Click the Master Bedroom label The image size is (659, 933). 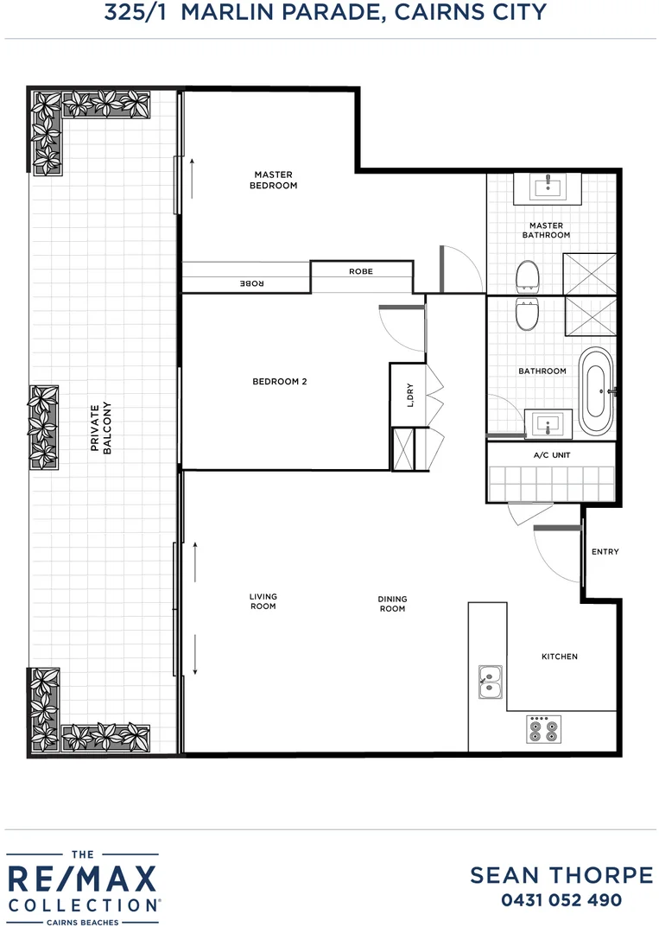pos(273,180)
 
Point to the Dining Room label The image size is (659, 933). pos(392,604)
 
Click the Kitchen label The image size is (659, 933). pos(559,657)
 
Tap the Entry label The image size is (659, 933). pos(605,551)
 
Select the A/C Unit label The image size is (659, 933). pos(551,454)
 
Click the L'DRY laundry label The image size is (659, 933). pos(410,395)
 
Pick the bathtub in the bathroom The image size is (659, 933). pos(595,391)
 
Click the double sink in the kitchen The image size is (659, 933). pos(491,682)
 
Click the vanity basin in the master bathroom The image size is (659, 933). pos(547,187)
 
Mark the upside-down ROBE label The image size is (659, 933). pos(250,283)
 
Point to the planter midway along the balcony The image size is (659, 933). pos(43,427)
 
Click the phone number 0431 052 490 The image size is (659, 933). pos(561,900)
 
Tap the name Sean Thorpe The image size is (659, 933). pos(561,875)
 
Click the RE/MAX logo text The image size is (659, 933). pos(83,880)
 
